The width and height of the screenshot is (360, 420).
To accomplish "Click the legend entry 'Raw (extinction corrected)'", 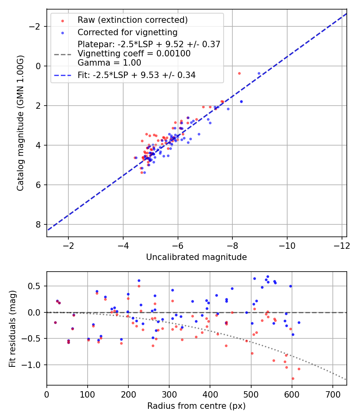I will click(x=132, y=20).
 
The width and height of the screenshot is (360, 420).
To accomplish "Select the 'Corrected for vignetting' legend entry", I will click(x=127, y=32).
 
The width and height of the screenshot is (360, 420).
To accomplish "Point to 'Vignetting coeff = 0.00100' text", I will click(x=134, y=54).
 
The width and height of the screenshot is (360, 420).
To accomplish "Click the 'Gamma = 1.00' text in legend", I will click(x=109, y=63).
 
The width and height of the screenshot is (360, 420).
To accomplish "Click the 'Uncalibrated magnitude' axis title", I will click(x=196, y=257).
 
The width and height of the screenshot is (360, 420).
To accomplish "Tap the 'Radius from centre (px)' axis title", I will click(x=196, y=406).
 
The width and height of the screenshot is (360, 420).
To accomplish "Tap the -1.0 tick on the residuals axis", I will click(x=35, y=365).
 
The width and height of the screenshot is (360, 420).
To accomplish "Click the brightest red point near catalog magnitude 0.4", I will click(x=239, y=73).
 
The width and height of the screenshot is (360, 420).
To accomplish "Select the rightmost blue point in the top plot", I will click(x=259, y=74).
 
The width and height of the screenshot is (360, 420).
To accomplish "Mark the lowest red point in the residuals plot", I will click(x=293, y=378).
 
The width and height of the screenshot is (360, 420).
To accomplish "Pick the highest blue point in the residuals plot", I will click(x=268, y=276).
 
